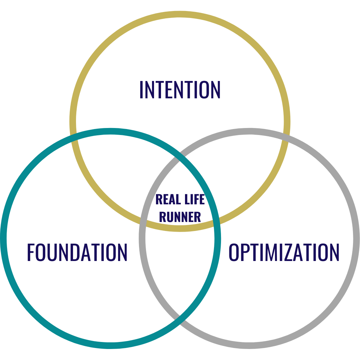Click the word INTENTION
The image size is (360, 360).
(x=180, y=90)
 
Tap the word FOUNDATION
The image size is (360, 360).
(x=77, y=252)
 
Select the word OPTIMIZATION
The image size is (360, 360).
(x=284, y=252)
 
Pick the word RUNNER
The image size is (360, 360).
(x=180, y=217)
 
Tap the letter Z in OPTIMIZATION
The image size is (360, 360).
(x=288, y=252)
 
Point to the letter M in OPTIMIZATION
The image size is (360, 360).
(x=273, y=252)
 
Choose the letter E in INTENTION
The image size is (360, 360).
(x=169, y=90)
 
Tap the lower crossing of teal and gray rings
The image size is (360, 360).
(x=180, y=318)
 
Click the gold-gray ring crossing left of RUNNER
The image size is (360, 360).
(x=143, y=220)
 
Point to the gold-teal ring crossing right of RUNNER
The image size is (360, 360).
(x=217, y=220)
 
